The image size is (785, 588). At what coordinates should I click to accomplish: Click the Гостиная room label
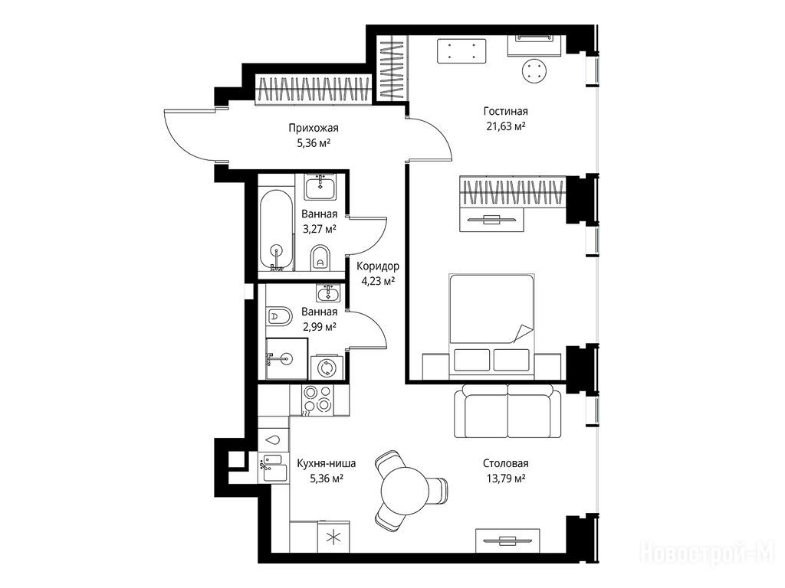point(505,111)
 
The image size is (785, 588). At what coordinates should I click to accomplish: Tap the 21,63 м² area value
point(505,126)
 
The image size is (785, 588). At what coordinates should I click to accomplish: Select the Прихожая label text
point(314,128)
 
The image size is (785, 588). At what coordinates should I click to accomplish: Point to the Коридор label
point(377,266)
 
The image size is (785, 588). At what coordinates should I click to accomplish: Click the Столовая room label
point(506,463)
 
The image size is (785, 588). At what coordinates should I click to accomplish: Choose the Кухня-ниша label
point(327,463)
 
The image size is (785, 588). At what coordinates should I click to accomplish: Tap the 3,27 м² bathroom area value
point(319,230)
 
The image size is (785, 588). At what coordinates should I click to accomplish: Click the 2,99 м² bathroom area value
point(319,327)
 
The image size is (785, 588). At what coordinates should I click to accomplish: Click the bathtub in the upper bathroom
point(276,230)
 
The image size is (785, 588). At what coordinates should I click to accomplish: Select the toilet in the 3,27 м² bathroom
point(320,257)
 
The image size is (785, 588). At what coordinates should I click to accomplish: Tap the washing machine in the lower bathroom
point(327,367)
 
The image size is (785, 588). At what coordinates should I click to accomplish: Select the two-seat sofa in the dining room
point(507,411)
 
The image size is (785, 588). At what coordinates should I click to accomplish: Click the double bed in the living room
point(491,325)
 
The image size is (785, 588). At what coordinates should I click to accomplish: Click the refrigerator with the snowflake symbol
point(333,537)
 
